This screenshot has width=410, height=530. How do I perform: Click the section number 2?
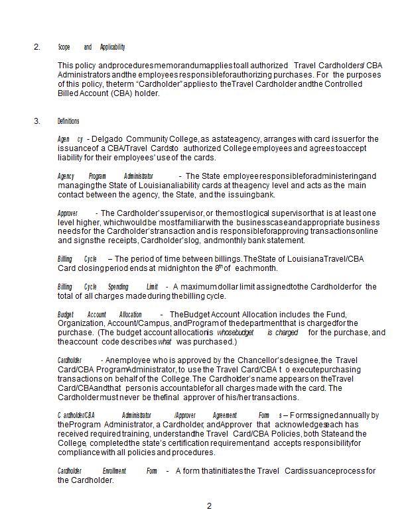(x=36, y=47)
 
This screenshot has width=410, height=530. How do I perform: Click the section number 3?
(x=36, y=121)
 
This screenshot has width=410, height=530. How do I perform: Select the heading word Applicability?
(x=112, y=47)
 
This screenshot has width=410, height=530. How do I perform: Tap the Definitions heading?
(x=68, y=121)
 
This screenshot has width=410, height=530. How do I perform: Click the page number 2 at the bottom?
(x=209, y=506)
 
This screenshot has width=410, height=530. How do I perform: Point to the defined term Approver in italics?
(x=68, y=213)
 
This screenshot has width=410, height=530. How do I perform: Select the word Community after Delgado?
(x=147, y=139)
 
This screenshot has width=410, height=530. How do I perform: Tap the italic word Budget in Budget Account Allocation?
(x=65, y=314)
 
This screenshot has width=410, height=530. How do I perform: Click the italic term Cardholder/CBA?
(x=76, y=415)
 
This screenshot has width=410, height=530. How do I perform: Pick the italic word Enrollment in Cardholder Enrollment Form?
(x=115, y=471)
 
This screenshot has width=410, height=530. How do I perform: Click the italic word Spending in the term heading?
(x=118, y=287)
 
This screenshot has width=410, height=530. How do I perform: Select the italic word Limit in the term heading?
(x=152, y=287)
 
